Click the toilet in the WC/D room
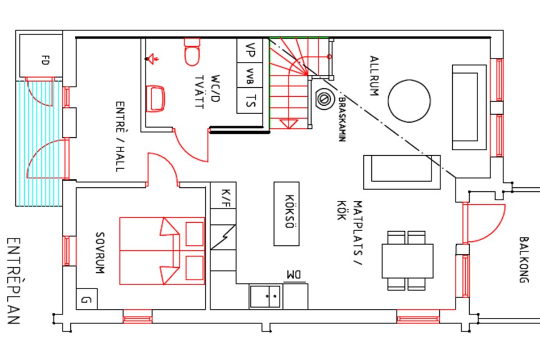(x=192, y=52)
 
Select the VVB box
(x=250, y=75)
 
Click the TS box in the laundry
(x=250, y=101)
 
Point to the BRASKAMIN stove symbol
(x=323, y=99)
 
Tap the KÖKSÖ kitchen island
(x=286, y=213)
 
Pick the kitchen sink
(x=265, y=296)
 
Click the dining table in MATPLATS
(x=407, y=260)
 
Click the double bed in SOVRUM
(x=162, y=250)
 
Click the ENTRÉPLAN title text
(x=14, y=281)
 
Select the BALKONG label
(x=524, y=259)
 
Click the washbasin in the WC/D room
(x=155, y=98)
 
